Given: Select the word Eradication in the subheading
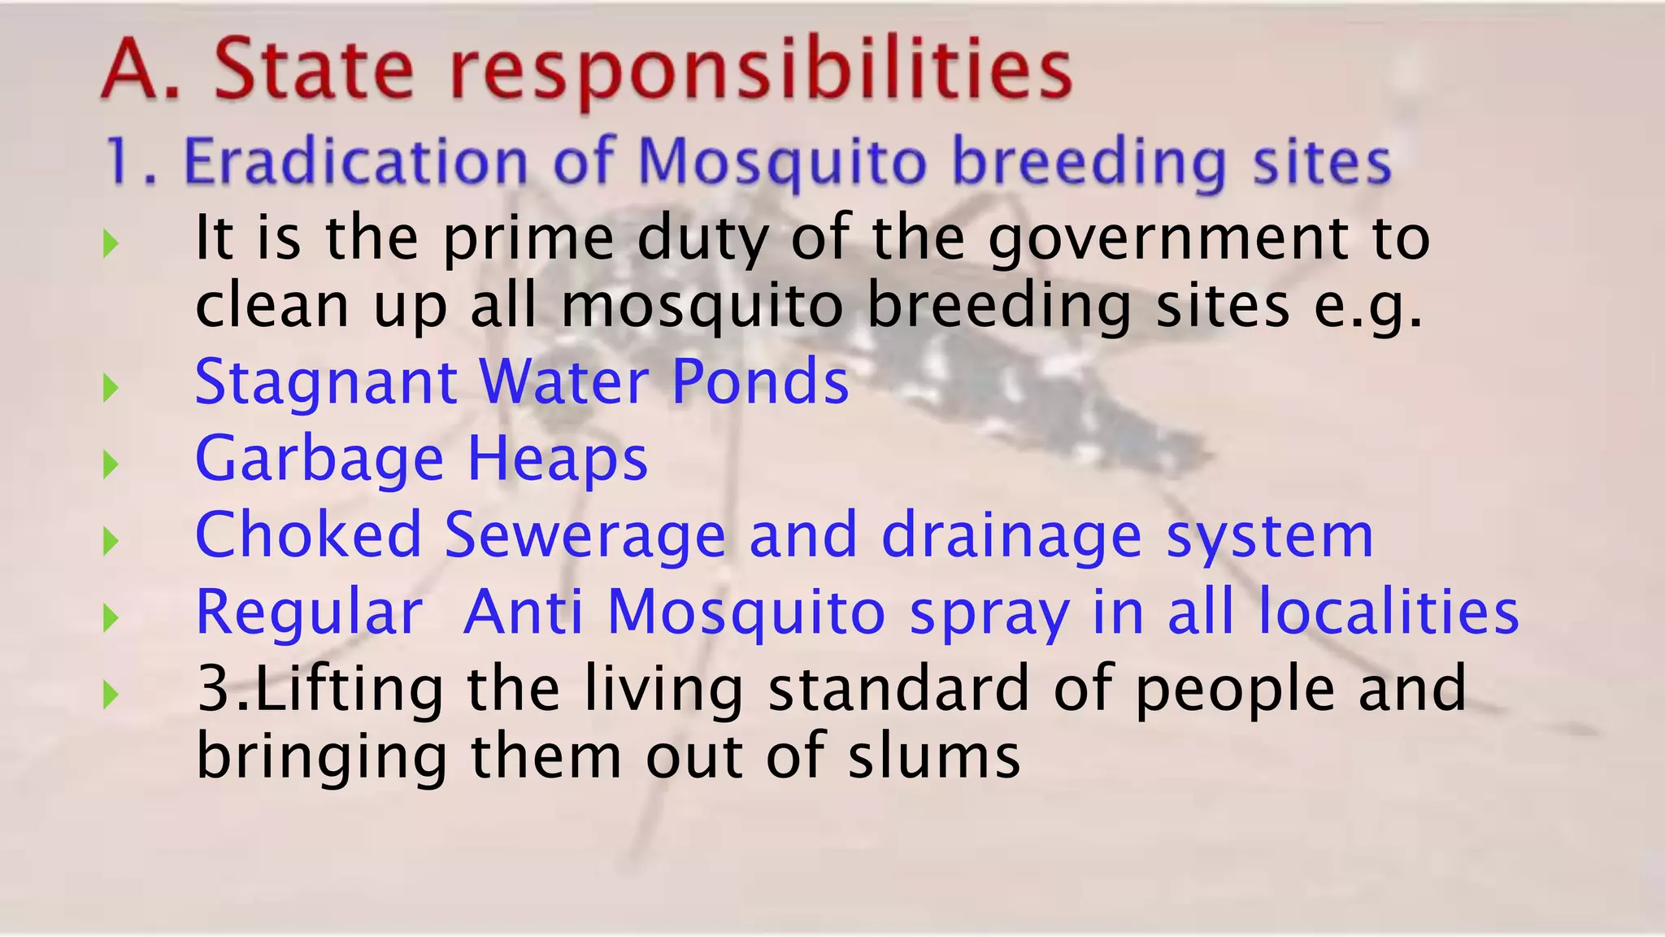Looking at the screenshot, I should [x=356, y=161].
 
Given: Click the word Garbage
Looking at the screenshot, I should [x=320, y=460].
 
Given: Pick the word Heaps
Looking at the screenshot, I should [x=558, y=460].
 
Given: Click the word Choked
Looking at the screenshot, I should [x=309, y=535].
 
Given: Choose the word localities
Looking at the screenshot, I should [x=1389, y=612].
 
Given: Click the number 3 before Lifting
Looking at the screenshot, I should [x=215, y=688].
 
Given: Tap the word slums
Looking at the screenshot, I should [x=934, y=756].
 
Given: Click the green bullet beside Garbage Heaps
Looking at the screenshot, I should [x=111, y=464].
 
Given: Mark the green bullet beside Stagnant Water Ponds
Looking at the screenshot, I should [x=111, y=388].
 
